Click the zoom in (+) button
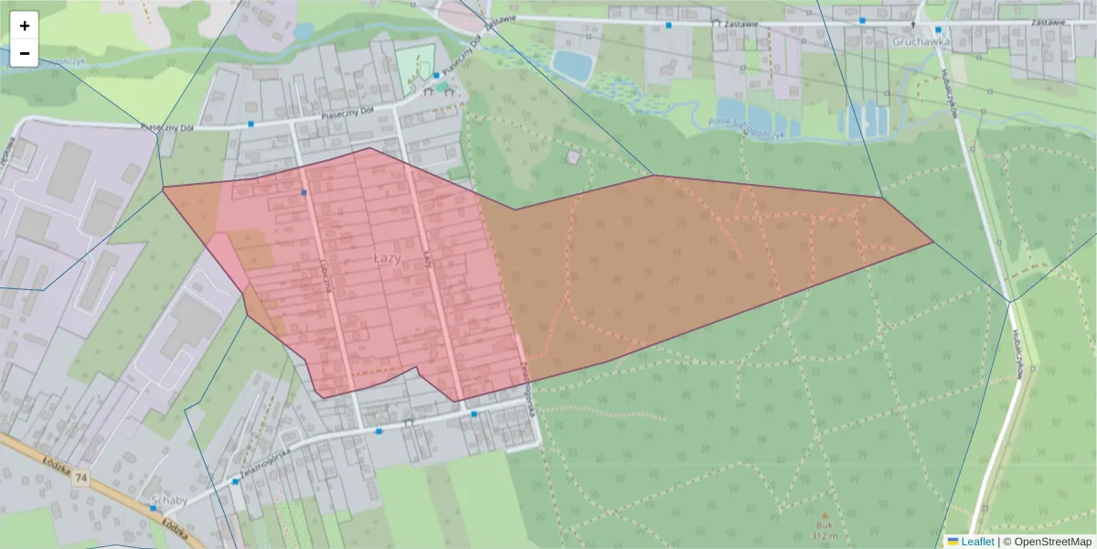(25, 26)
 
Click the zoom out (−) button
(25, 53)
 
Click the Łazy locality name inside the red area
(388, 259)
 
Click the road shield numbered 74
(82, 479)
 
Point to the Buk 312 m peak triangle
(825, 517)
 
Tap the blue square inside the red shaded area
(304, 192)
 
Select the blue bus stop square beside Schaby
(153, 507)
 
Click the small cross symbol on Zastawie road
(913, 20)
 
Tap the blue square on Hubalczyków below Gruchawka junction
(938, 29)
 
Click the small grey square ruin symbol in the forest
(573, 157)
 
